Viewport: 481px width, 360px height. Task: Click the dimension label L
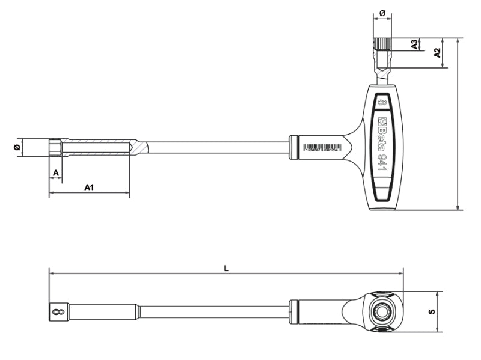(x=226, y=268)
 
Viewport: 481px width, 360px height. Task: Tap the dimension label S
(x=431, y=311)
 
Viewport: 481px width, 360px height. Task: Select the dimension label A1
(x=88, y=188)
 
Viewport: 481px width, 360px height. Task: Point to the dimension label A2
(x=438, y=53)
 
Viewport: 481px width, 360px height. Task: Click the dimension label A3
(x=414, y=44)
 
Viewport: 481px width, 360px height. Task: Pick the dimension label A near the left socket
(x=55, y=173)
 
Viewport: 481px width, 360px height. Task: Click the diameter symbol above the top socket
(x=382, y=12)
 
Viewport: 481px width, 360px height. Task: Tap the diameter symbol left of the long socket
(x=17, y=147)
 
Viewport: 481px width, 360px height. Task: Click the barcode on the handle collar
(x=321, y=147)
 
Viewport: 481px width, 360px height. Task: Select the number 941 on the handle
(x=382, y=163)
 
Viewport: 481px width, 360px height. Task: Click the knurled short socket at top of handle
(x=382, y=45)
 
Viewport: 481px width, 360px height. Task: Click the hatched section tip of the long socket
(x=138, y=147)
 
